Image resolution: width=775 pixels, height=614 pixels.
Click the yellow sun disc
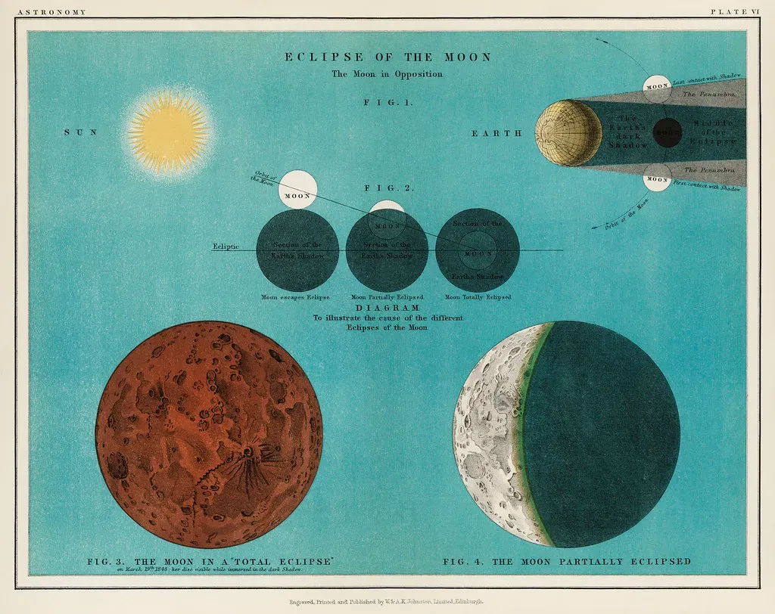click(168, 133)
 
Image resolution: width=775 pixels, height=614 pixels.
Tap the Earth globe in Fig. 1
click(568, 133)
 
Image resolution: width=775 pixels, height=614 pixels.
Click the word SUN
click(80, 132)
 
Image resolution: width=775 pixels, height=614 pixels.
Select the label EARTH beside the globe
click(497, 133)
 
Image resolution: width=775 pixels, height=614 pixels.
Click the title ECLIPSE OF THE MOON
click(387, 57)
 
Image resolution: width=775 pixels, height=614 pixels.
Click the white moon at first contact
click(656, 179)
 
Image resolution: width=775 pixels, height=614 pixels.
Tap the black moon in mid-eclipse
click(667, 132)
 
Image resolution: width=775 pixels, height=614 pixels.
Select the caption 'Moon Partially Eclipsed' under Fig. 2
click(387, 297)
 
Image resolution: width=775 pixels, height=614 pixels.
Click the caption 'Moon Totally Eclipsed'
click(478, 297)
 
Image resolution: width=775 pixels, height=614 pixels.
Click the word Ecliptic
click(226, 247)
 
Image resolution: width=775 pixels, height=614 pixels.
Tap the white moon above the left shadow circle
click(297, 190)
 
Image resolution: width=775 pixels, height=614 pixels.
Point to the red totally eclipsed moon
click(214, 433)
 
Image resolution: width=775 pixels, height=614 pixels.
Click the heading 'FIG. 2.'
click(387, 188)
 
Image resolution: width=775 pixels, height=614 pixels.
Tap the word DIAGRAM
click(387, 309)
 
